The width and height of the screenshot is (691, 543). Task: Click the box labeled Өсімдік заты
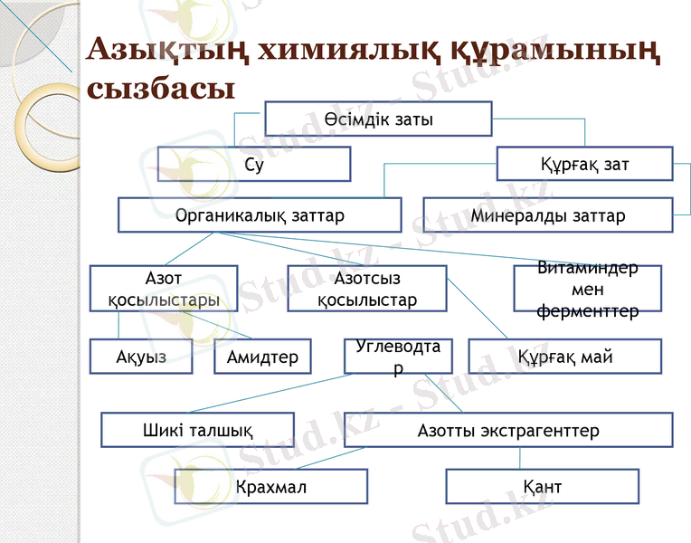click(x=378, y=119)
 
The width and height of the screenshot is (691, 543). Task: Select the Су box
click(x=254, y=164)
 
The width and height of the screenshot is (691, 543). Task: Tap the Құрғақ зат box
click(x=584, y=164)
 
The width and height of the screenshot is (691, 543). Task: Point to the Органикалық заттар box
click(x=260, y=215)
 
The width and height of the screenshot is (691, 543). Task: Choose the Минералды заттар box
click(x=547, y=215)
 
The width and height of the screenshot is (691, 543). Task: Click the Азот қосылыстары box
click(x=163, y=288)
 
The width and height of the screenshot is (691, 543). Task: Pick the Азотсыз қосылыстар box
click(x=367, y=288)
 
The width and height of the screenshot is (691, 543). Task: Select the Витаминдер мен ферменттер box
click(x=587, y=289)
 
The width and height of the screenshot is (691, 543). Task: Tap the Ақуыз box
click(x=142, y=357)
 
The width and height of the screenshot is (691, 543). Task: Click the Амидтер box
click(x=262, y=357)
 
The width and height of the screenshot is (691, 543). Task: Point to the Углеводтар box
click(x=398, y=357)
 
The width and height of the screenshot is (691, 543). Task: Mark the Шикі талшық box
click(x=197, y=430)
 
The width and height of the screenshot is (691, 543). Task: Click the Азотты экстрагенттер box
click(x=508, y=430)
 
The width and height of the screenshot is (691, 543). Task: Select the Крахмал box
click(x=270, y=486)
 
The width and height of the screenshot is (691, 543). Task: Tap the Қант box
click(x=542, y=486)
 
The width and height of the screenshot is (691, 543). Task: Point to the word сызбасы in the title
click(x=161, y=88)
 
